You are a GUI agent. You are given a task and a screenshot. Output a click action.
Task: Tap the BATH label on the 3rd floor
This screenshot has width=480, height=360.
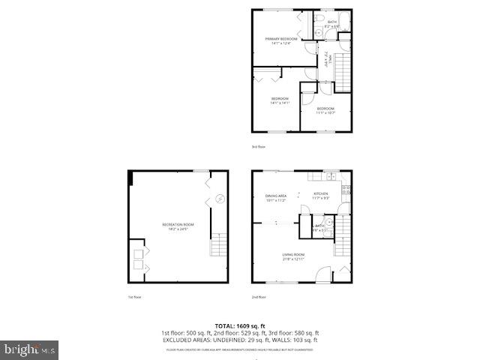331,22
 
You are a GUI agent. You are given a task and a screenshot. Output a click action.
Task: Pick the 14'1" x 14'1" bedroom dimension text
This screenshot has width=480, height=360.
280,103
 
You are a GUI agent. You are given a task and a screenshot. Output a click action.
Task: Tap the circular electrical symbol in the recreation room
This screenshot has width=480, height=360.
220,199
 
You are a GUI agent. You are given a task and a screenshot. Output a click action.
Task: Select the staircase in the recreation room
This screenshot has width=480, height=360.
219,244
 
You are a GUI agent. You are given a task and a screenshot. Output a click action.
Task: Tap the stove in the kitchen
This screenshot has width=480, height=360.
346,190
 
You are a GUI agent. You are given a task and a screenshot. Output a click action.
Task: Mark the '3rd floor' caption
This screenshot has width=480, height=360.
259,147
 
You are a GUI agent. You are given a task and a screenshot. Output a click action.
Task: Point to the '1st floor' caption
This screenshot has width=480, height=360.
134,297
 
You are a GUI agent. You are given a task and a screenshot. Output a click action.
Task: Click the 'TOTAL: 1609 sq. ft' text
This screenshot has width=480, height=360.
239,325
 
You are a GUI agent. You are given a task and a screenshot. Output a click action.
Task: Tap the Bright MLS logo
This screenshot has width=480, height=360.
30,349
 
